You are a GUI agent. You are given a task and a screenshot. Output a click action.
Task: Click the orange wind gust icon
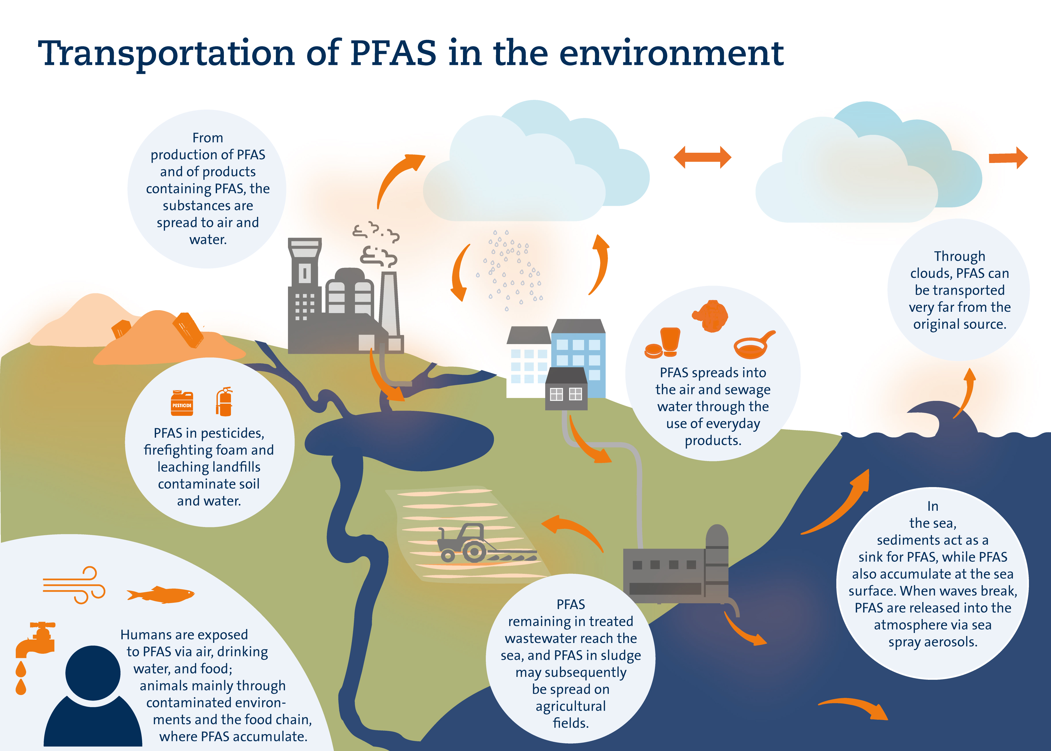[x=74, y=585]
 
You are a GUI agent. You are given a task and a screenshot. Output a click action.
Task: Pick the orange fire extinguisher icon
[x=224, y=402]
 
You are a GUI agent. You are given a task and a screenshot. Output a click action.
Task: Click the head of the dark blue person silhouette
[x=93, y=673]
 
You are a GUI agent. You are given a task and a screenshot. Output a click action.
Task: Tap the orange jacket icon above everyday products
[x=710, y=316]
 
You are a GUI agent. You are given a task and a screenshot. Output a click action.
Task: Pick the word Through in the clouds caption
[x=960, y=256]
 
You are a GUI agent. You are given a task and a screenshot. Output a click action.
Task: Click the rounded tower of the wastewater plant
[x=717, y=562]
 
